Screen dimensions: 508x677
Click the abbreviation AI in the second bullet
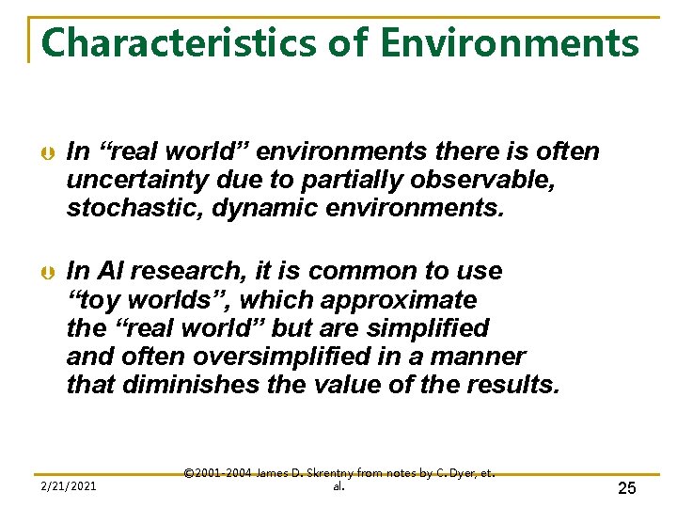point(109,272)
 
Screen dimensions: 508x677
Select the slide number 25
point(627,487)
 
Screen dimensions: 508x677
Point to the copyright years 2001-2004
point(224,472)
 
